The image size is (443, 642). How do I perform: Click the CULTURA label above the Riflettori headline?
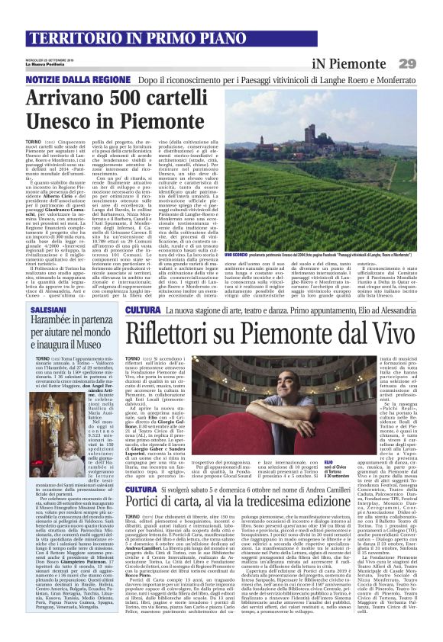(x=142, y=311)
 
